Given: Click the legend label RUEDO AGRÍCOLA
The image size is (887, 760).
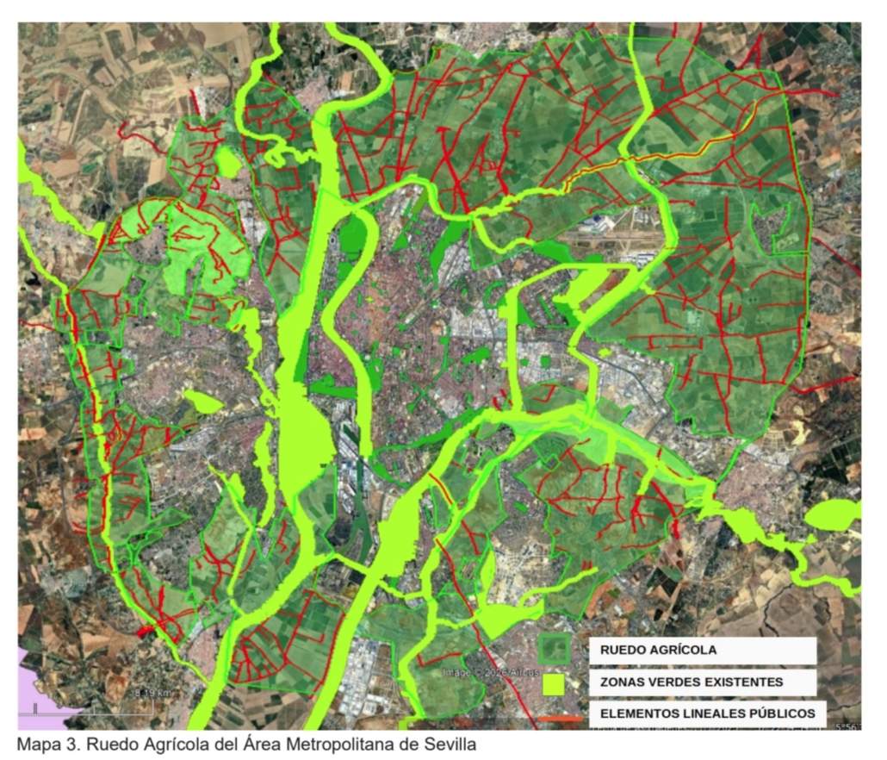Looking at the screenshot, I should point(658,651).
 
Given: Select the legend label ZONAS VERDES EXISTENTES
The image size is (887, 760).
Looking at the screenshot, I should point(692,682).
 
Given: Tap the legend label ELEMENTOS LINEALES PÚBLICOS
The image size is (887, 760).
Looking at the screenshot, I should point(707,714).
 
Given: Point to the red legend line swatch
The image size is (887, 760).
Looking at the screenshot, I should point(560,718).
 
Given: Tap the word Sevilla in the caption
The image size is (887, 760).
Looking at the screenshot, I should point(449,744).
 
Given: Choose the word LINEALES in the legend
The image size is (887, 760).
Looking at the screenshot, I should point(708,714).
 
